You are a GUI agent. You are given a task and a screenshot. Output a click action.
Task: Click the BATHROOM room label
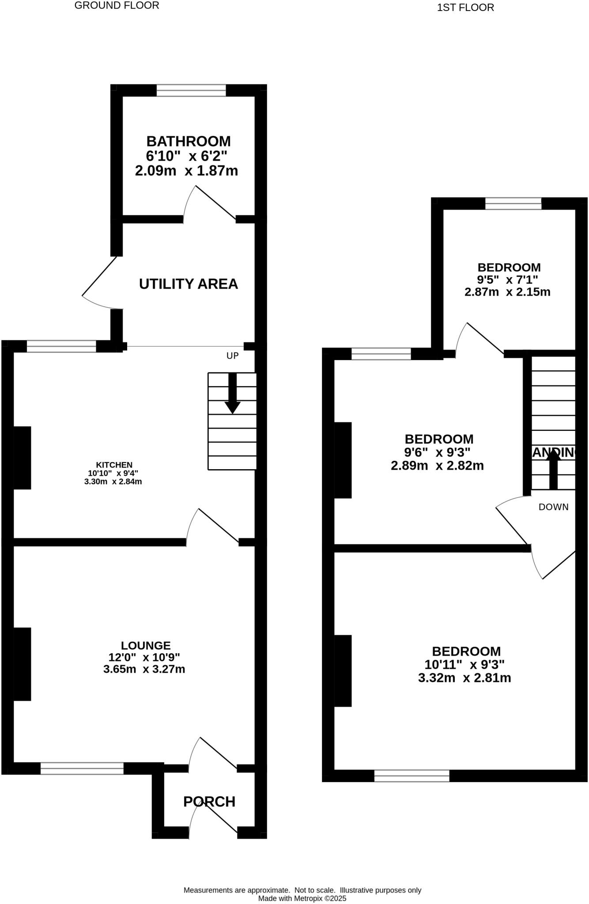188,141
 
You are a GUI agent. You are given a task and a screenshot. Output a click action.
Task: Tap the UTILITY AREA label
188,284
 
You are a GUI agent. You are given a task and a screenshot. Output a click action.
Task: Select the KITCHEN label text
114,465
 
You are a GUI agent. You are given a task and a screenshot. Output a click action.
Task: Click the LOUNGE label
146,646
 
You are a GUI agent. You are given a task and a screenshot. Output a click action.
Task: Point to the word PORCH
209,801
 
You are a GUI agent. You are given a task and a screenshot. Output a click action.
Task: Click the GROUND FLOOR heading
117,6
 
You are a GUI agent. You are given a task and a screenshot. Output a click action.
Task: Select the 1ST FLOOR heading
465,8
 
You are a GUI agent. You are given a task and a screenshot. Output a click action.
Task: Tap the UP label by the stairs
232,356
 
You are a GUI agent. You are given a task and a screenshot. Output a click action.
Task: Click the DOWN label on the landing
553,507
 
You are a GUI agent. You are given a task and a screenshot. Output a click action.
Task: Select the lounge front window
82,768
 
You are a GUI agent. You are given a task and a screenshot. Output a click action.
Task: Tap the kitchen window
61,347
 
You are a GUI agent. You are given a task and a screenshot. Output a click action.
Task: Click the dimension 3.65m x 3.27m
144,669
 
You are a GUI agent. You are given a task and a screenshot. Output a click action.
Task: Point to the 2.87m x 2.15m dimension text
507,292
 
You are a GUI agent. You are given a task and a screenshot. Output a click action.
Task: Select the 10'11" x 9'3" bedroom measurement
464,664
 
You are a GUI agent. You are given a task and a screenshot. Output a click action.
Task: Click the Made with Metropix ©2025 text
302,898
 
